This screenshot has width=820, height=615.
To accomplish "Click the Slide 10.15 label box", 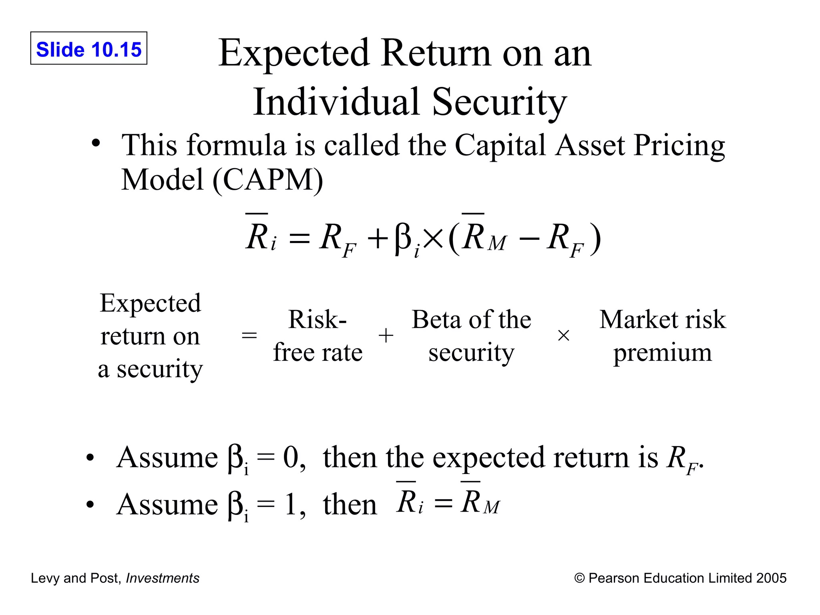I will (x=88, y=48).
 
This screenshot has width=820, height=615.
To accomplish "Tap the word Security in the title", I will (x=499, y=102).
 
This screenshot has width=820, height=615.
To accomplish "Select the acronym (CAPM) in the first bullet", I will (x=267, y=180).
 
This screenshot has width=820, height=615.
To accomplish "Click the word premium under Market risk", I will (x=663, y=353).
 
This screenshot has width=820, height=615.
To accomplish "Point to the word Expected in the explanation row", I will (x=151, y=303).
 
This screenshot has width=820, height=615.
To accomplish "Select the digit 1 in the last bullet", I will (x=291, y=505).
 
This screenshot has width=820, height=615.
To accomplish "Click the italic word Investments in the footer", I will (x=163, y=578).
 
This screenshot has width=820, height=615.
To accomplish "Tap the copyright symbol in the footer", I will (x=579, y=578).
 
